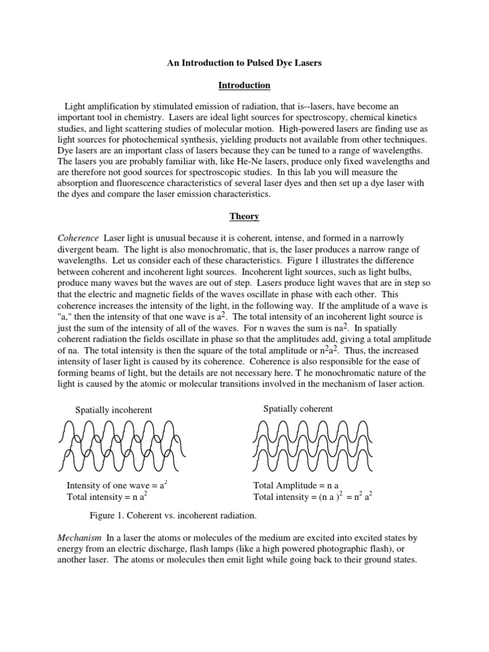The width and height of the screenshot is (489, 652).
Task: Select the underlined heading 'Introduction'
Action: point(244,85)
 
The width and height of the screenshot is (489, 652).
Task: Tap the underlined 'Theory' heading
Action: point(244,216)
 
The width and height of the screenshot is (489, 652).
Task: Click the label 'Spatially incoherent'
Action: point(114,409)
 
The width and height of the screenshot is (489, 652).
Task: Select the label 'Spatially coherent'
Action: point(298,409)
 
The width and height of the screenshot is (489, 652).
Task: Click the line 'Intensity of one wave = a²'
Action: point(117,486)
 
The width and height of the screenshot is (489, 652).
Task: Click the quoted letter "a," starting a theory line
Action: point(65,316)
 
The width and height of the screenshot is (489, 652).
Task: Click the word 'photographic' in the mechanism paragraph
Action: point(336,549)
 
